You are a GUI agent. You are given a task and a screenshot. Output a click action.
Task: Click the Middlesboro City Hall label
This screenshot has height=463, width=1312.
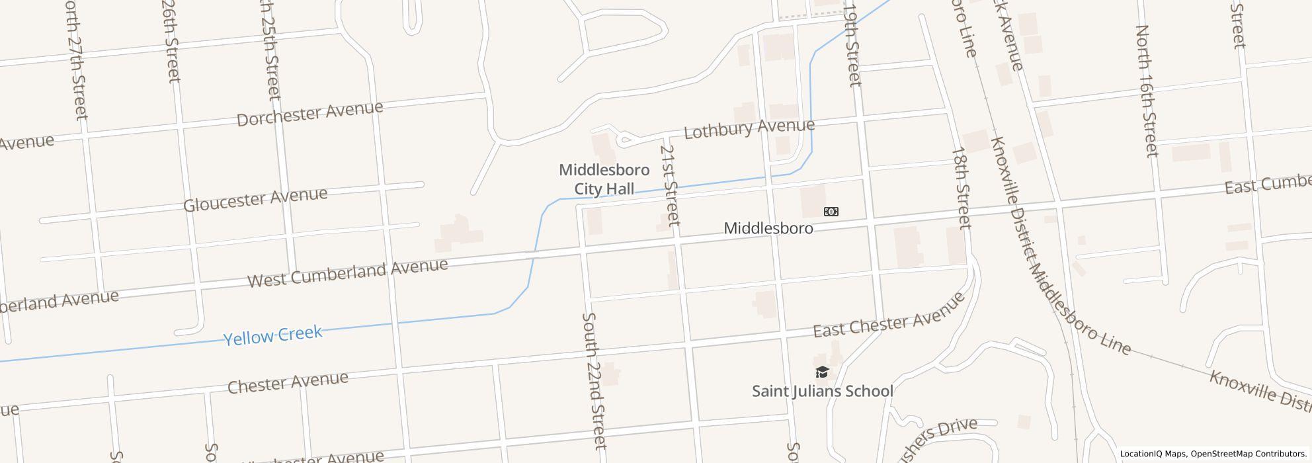604,179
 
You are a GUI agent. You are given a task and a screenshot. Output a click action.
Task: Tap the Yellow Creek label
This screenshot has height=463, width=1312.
272,335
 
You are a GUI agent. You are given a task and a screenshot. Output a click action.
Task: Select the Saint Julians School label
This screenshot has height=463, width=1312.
822,391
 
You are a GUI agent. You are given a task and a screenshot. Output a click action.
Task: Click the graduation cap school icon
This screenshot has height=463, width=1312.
822,372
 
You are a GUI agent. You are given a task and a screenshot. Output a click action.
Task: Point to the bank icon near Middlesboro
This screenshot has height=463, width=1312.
831,212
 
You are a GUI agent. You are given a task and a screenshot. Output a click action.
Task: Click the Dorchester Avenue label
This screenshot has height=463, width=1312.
309,113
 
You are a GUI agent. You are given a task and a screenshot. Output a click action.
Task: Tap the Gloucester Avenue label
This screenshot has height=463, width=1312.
255,198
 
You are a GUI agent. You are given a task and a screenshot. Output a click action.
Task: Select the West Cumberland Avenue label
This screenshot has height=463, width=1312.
348,272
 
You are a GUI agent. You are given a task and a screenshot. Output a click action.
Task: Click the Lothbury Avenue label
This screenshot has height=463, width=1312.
749,128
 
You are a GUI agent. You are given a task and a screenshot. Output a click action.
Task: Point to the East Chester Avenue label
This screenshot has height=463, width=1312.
889,318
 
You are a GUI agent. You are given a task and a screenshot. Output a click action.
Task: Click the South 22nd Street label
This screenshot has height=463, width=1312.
593,380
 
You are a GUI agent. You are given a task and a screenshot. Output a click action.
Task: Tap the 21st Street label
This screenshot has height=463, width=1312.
669,185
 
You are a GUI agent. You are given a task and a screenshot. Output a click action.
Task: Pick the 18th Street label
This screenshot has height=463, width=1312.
961,187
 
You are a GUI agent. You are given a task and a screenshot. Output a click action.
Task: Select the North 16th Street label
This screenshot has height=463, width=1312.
1147,91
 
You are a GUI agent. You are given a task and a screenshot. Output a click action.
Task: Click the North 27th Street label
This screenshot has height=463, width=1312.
76,60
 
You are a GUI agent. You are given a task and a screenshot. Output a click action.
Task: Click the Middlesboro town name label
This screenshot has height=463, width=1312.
768,228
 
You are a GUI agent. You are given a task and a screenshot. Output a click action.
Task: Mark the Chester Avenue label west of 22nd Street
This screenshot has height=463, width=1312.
288,382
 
